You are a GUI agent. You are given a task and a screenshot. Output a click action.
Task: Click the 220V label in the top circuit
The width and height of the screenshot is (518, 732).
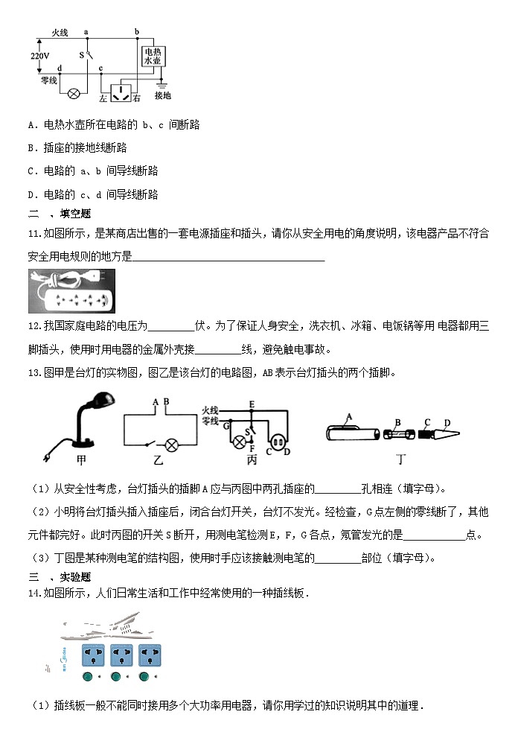(39, 56)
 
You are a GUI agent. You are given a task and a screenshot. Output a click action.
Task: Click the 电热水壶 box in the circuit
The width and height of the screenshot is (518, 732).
(153, 57)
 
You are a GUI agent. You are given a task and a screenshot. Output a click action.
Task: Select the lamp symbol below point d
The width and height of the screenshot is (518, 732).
(74, 93)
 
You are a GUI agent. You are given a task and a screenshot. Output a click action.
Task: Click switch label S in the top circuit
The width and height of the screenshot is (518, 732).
(82, 54)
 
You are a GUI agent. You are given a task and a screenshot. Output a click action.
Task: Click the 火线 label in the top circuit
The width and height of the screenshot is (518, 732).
(59, 33)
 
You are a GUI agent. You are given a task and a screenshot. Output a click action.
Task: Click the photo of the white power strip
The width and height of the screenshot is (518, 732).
(71, 291)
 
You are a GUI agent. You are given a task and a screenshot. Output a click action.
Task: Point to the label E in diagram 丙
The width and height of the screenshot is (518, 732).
(252, 404)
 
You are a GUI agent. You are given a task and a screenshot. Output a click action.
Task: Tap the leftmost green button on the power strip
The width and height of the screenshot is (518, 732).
(89, 677)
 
